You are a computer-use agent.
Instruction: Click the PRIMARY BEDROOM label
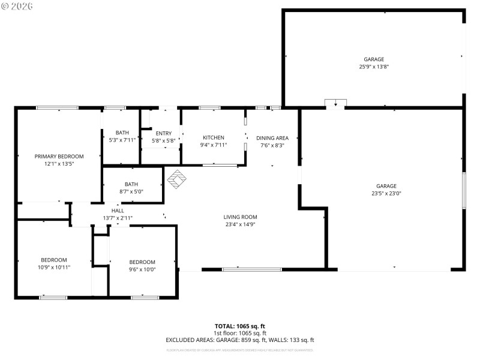pos(59,156)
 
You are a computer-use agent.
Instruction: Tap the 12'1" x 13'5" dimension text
pos(59,164)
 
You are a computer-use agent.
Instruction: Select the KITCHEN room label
pos(214,137)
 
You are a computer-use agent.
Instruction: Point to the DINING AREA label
pos(272,137)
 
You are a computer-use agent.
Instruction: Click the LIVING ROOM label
pos(240,217)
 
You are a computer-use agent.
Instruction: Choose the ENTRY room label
pos(164,133)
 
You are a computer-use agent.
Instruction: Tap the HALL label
pos(118,211)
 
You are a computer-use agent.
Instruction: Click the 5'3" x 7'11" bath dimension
pos(122,140)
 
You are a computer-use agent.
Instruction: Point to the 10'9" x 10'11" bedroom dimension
pos(54,267)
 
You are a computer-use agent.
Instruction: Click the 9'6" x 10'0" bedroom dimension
pos(142,269)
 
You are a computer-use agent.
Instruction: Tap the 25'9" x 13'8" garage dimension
pos(374,67)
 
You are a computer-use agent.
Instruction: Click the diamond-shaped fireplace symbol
pos(176,178)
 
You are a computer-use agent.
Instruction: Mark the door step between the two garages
pos(335,104)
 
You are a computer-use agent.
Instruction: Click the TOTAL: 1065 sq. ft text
pos(240,326)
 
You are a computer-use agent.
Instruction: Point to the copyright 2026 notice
pos(17,5)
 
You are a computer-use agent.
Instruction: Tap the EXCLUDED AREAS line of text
pos(240,340)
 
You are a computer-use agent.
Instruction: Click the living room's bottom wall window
pos(252,269)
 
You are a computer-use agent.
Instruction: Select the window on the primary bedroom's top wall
pos(57,108)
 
